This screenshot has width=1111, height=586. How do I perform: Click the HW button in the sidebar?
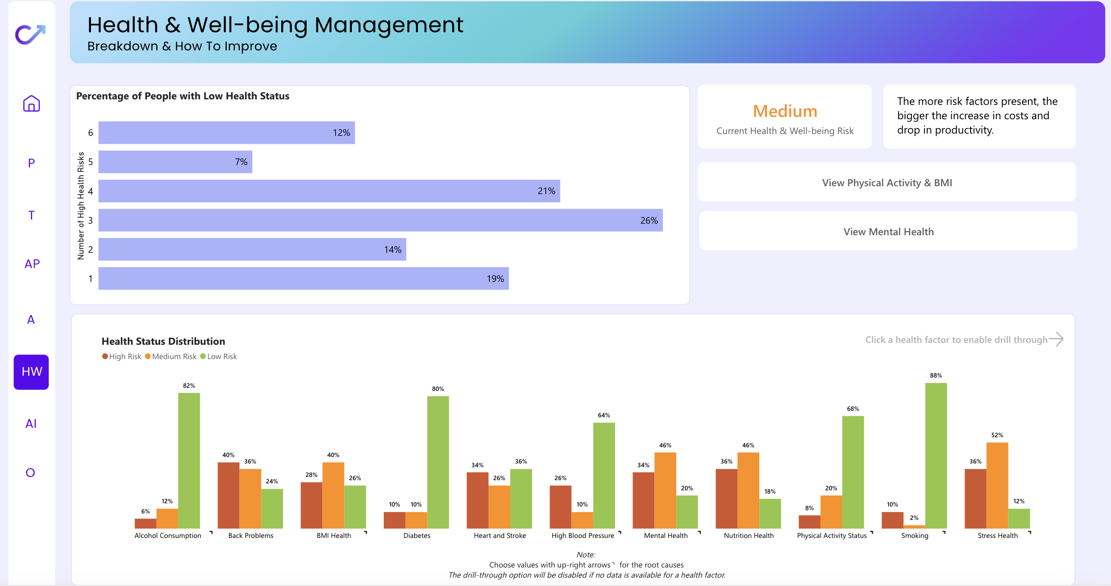31,372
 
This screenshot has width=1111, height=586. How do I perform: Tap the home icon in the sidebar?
31,104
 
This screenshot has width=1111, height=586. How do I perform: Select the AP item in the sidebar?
32,264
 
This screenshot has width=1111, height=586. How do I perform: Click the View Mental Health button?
888,231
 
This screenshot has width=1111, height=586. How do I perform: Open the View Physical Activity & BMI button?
887,182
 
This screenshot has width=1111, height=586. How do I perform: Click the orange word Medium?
785,111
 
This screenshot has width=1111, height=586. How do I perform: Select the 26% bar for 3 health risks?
380,220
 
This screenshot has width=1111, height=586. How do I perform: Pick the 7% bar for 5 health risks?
175,162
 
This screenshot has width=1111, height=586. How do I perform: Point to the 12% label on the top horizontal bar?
341,133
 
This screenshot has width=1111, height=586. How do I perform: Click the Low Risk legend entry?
218,356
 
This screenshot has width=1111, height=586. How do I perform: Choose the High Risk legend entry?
122,356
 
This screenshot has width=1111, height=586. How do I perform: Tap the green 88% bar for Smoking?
936,456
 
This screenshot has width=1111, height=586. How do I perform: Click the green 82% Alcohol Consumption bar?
189,461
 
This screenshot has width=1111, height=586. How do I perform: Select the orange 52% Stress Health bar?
997,486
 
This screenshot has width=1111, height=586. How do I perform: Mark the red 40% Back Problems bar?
229,495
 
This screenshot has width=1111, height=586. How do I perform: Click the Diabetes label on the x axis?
417,536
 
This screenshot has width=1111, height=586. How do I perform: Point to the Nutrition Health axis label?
749,536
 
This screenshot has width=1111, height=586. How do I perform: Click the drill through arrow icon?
1056,339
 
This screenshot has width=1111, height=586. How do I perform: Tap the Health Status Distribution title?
163,341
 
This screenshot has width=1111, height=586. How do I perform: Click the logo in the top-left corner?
30,34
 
